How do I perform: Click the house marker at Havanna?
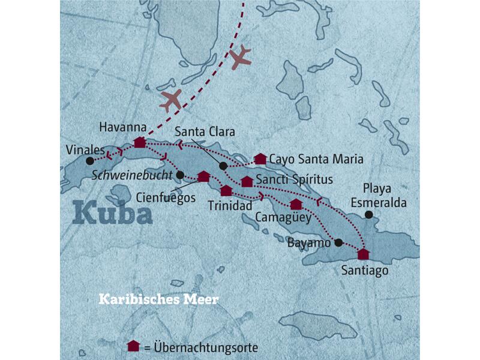pyautogui.click(x=139, y=142)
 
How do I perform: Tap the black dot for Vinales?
pyautogui.click(x=89, y=161)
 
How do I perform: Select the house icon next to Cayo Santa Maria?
pyautogui.click(x=260, y=159)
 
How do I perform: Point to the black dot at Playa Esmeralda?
pyautogui.click(x=368, y=215)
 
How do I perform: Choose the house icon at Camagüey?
pyautogui.click(x=296, y=204)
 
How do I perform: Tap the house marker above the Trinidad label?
pyautogui.click(x=226, y=191)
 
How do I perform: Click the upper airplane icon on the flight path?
pyautogui.click(x=239, y=57)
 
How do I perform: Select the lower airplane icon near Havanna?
pyautogui.click(x=170, y=100)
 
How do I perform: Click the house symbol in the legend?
pyautogui.click(x=133, y=346)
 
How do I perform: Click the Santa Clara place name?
pyautogui.click(x=204, y=132)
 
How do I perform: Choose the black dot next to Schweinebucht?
pyautogui.click(x=179, y=175)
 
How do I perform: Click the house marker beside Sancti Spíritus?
pyautogui.click(x=247, y=181)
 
